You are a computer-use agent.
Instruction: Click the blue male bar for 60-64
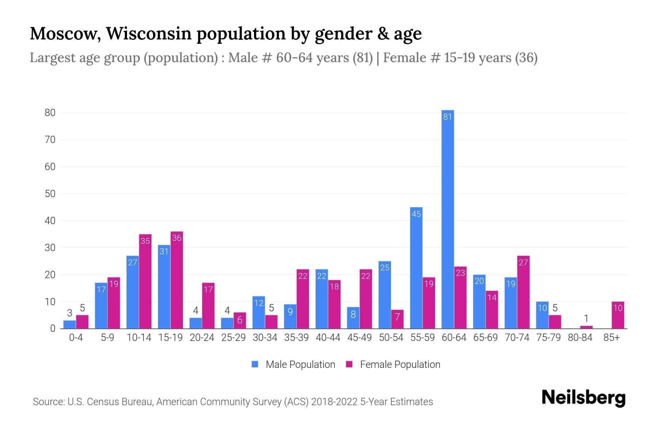point(447,219)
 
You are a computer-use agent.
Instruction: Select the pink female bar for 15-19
point(177,280)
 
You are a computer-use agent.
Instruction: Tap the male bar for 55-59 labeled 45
point(416,268)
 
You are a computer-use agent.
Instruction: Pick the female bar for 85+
point(618,315)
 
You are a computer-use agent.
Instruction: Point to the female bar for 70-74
point(523,292)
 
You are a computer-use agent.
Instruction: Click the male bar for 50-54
point(385,295)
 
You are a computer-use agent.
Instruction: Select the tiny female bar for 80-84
point(586,327)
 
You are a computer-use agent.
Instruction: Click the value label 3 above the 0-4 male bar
point(70,313)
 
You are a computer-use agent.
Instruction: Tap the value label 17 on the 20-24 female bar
point(208,289)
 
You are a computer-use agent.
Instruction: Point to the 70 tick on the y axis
point(50,140)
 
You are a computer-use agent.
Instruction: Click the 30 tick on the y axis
point(50,248)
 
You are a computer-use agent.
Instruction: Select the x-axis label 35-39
point(296,338)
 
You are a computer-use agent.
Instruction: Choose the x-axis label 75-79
point(548,338)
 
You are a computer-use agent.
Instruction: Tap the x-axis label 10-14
point(139,338)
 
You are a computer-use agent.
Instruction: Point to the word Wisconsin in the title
point(149,34)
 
